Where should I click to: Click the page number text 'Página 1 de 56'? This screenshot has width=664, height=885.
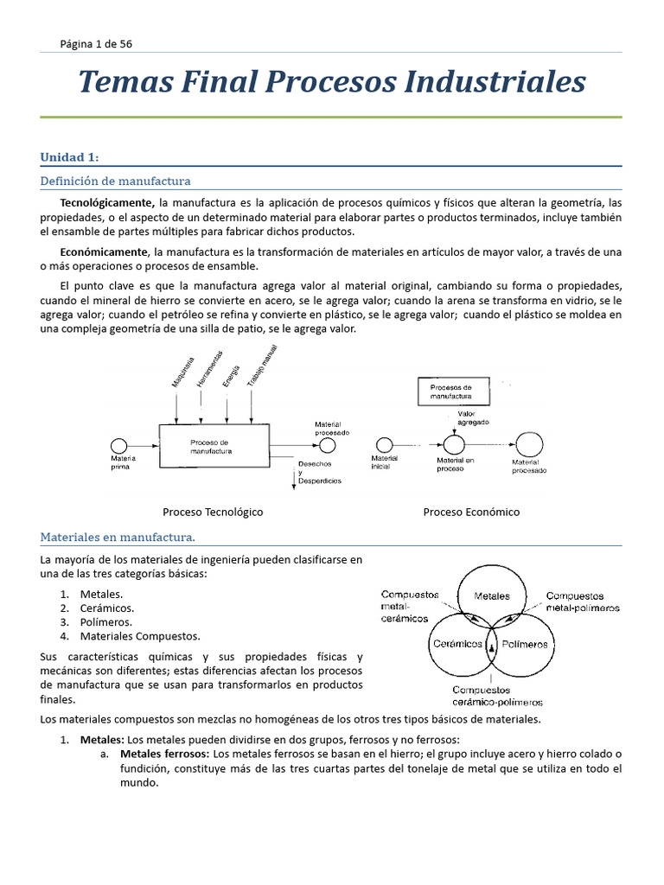pyautogui.click(x=96, y=43)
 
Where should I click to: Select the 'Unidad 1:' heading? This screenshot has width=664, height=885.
pyautogui.click(x=69, y=156)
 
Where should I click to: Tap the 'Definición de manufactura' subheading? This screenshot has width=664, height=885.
pyautogui.click(x=115, y=181)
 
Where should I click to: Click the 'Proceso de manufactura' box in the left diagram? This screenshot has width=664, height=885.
pyautogui.click(x=212, y=447)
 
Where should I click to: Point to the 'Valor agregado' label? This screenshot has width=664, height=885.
pyautogui.click(x=472, y=418)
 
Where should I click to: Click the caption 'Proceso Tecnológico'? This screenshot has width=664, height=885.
pyautogui.click(x=213, y=512)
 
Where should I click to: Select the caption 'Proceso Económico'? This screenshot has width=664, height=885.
pyautogui.click(x=471, y=512)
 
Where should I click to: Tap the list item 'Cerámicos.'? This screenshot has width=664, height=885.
pyautogui.click(x=106, y=608)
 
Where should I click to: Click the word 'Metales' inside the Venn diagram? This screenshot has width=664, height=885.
pyautogui.click(x=492, y=596)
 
